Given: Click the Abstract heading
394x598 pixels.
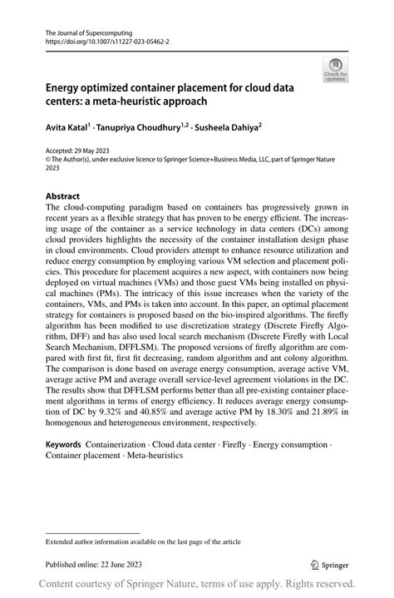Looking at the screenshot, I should (63, 197).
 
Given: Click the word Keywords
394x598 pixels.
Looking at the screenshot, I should (67, 446).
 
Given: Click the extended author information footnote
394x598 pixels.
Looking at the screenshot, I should (143, 541).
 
